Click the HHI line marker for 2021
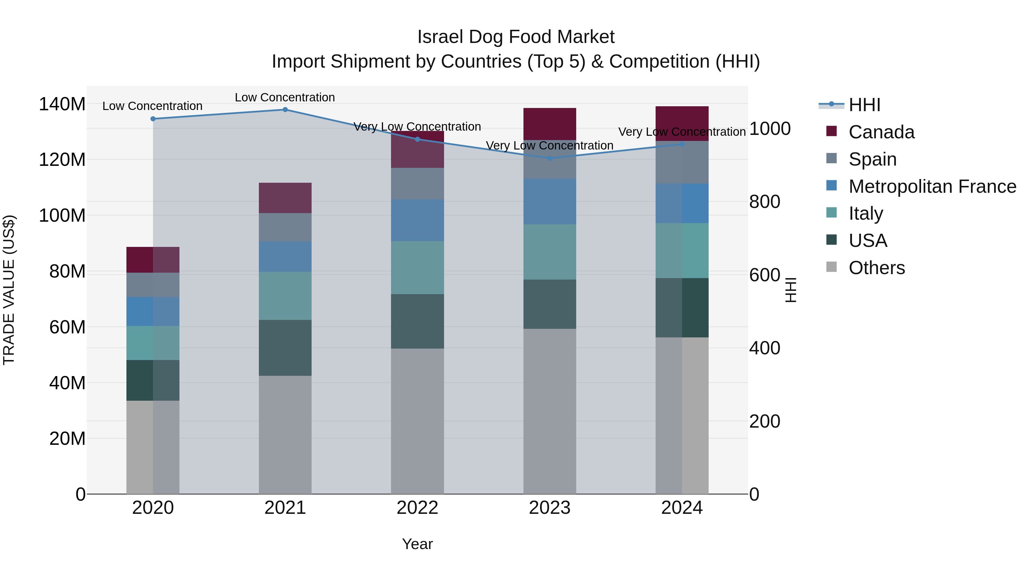pos(285,110)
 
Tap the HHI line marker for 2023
pos(550,158)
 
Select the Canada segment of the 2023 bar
pos(550,124)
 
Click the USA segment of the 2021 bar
pos(285,347)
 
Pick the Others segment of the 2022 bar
pos(417,421)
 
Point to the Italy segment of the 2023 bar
pos(550,252)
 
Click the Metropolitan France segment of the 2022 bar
pos(417,220)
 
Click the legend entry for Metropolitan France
pos(932,186)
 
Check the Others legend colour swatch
pos(831,267)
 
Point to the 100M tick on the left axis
pos(62,216)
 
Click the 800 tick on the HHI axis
pos(764,202)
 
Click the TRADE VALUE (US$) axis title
pos(9,290)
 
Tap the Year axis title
pos(417,544)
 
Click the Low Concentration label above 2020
pos(152,106)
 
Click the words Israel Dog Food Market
pos(516,37)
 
